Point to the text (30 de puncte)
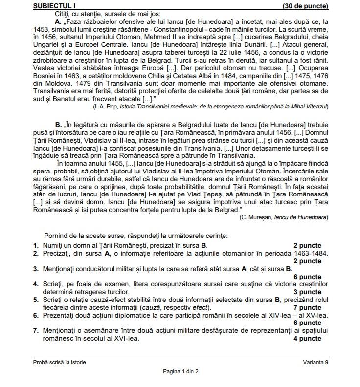305,6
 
